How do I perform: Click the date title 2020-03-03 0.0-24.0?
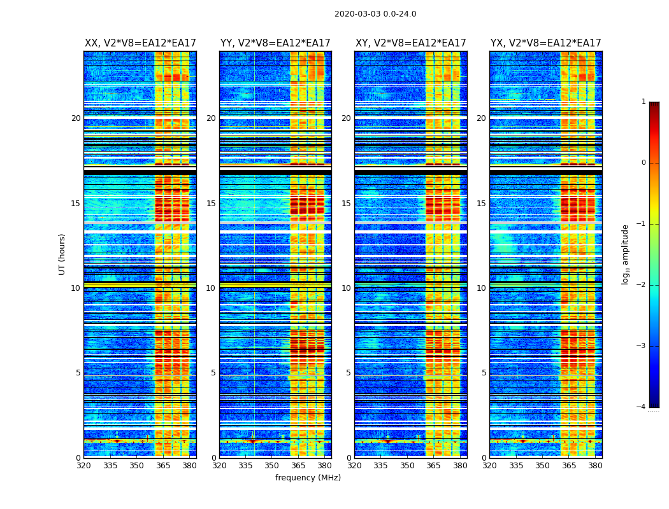click(x=375, y=14)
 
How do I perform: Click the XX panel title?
click(x=140, y=43)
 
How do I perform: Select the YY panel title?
click(x=275, y=43)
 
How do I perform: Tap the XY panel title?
click(x=410, y=43)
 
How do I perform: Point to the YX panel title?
click(x=545, y=43)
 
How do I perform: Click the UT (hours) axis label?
click(x=62, y=254)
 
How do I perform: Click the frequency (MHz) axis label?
click(x=308, y=478)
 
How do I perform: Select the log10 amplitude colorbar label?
click(x=626, y=254)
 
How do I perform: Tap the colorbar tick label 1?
click(x=643, y=102)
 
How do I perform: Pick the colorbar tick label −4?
click(x=642, y=407)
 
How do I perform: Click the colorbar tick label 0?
click(x=643, y=163)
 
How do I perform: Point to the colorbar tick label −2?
click(x=642, y=285)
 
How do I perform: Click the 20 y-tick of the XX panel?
click(x=76, y=118)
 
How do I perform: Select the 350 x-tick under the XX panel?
click(x=137, y=466)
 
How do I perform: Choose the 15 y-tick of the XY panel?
click(x=346, y=204)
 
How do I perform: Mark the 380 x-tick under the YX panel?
click(x=595, y=466)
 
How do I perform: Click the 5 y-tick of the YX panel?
click(x=484, y=373)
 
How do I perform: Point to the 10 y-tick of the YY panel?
click(x=211, y=288)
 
